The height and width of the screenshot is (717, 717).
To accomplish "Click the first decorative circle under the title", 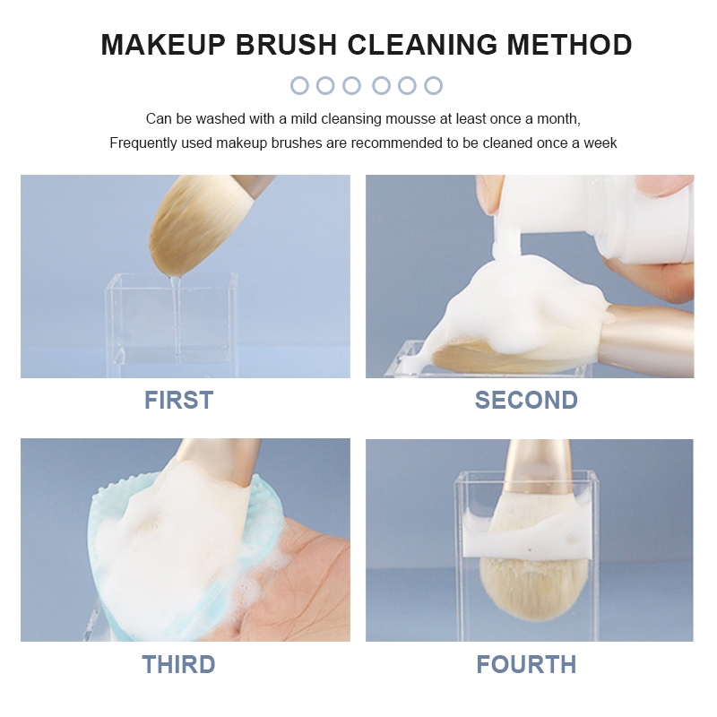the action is (x=299, y=85).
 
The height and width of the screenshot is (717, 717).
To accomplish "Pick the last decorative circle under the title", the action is (x=433, y=85).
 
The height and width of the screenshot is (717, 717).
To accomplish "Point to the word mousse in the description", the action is (x=410, y=119).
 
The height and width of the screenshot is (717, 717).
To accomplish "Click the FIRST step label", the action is (x=178, y=400).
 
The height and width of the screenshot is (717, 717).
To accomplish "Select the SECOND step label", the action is (x=526, y=400).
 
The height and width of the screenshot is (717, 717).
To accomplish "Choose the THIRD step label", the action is (x=178, y=664).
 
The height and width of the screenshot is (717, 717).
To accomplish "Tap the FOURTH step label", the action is (x=526, y=664).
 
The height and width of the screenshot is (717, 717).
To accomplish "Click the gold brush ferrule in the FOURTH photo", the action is (x=539, y=467).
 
